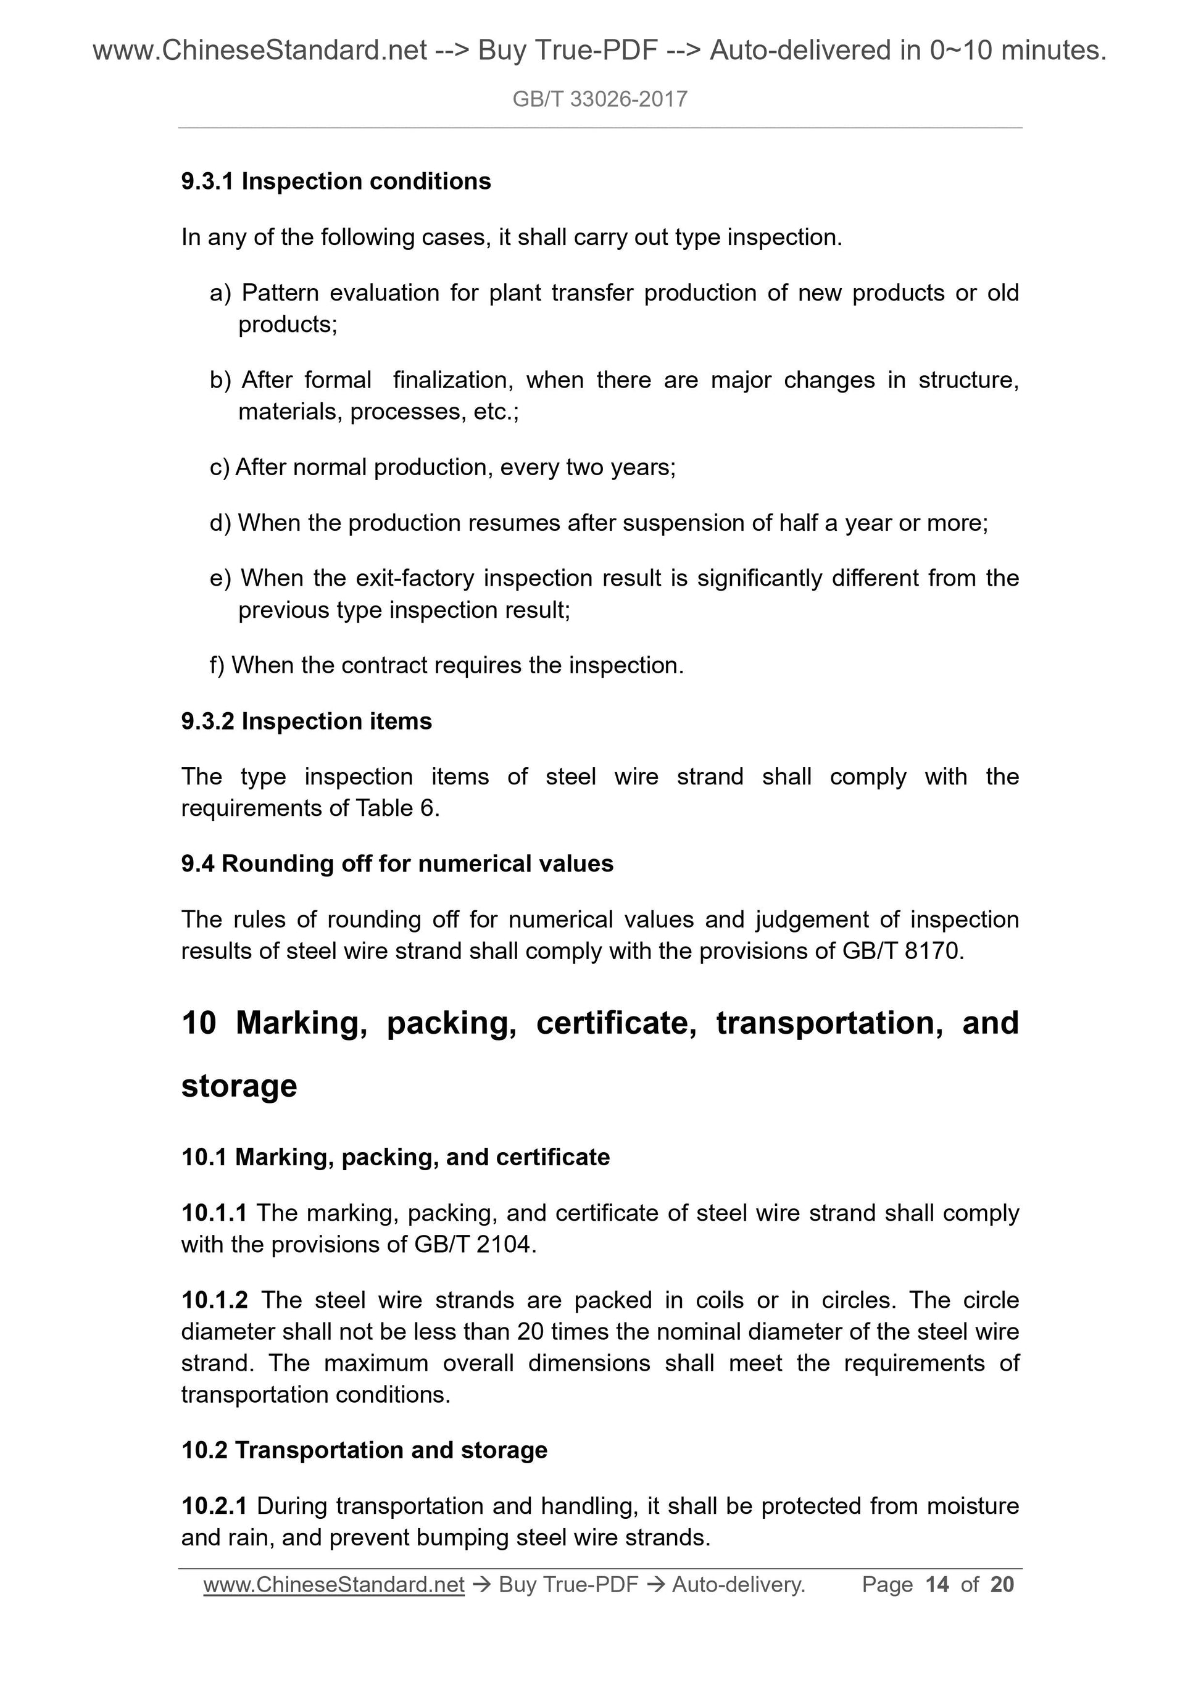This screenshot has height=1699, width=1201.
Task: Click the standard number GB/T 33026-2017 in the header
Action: click(x=599, y=99)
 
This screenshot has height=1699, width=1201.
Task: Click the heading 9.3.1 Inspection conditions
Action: click(x=336, y=181)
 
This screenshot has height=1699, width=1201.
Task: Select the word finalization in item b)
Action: click(x=453, y=380)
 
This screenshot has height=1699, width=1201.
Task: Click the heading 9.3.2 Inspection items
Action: click(x=306, y=721)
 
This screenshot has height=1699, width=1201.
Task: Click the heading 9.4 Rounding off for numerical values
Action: click(x=397, y=863)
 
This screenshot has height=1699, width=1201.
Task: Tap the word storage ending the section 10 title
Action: click(x=239, y=1086)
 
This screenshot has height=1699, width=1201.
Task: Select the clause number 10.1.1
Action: click(x=214, y=1213)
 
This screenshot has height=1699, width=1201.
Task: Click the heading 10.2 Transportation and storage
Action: click(x=364, y=1450)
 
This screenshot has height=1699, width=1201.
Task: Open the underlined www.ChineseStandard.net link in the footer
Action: click(x=334, y=1584)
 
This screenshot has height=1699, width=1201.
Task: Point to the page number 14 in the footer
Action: click(x=937, y=1584)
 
